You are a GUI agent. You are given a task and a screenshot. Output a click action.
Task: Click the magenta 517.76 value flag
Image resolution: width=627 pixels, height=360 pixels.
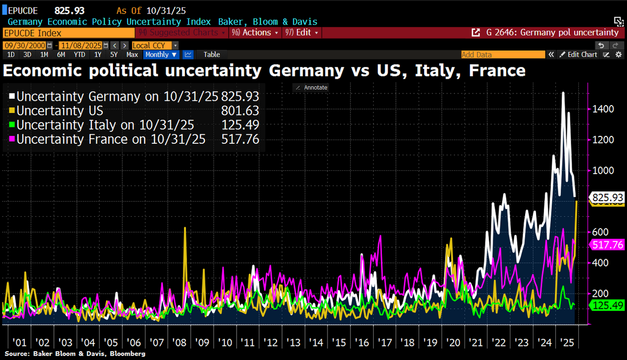(x=605, y=245)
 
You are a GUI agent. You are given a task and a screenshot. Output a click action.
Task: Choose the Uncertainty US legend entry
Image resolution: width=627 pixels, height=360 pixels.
(x=60, y=111)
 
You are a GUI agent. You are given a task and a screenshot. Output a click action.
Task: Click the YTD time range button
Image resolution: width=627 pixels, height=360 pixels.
(x=79, y=55)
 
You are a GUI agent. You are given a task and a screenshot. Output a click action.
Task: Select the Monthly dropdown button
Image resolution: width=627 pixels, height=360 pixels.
(x=161, y=55)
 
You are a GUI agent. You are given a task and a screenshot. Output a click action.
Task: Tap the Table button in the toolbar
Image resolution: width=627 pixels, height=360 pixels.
(x=212, y=55)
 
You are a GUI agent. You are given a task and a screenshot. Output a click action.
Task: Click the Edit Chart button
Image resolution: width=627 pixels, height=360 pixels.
(x=578, y=55)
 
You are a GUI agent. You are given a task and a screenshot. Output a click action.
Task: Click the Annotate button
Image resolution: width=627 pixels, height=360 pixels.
(x=311, y=88)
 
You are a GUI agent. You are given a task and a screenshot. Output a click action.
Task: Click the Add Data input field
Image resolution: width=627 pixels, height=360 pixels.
(x=502, y=55)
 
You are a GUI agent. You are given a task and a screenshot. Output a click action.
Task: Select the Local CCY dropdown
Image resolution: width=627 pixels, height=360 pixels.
(x=155, y=45)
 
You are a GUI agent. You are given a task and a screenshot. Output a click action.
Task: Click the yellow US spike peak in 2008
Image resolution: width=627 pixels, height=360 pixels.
(x=185, y=228)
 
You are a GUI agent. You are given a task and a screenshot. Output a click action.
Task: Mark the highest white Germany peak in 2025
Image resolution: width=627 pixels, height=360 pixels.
(x=563, y=93)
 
